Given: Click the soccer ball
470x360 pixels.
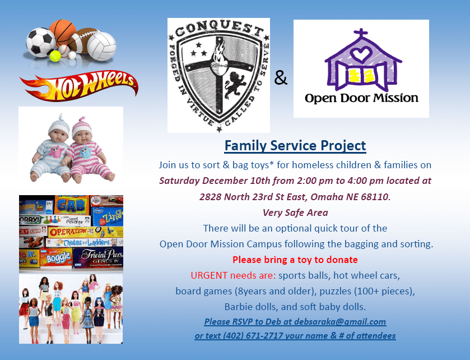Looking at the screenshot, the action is (40, 42).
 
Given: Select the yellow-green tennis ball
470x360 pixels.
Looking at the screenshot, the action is (55, 56).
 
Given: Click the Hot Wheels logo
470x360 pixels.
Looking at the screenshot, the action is (79, 86).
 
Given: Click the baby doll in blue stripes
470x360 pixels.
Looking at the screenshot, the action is (51, 149).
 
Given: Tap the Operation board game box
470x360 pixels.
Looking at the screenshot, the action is (85, 232).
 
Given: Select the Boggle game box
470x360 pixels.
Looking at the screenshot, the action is (56, 257).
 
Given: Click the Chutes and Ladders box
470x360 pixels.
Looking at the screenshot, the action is (85, 242).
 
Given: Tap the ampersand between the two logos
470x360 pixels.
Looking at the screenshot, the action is (281, 78).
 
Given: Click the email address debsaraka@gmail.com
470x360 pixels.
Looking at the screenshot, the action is (340, 322).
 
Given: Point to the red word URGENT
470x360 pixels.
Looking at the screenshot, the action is (209, 275).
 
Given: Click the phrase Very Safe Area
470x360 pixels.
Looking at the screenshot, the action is (295, 213).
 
